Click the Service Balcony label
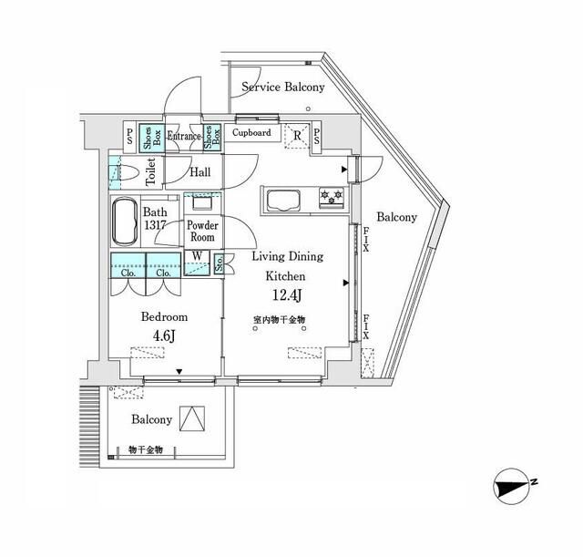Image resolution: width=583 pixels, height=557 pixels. [x=282, y=88]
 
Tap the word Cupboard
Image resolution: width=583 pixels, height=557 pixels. [x=251, y=132]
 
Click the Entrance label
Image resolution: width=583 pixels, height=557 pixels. [x=184, y=136]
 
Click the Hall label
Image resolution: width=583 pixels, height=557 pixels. [x=200, y=171]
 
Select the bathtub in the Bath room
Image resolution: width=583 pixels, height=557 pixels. [x=125, y=222]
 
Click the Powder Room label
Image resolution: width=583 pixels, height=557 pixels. [x=201, y=231]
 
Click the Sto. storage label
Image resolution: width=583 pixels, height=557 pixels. [x=220, y=264]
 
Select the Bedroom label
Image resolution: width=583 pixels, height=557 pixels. [x=164, y=317]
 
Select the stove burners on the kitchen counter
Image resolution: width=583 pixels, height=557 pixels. [x=330, y=195]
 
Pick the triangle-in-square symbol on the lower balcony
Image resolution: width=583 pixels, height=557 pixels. [x=191, y=418]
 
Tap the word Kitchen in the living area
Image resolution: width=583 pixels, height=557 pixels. [x=284, y=275]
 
